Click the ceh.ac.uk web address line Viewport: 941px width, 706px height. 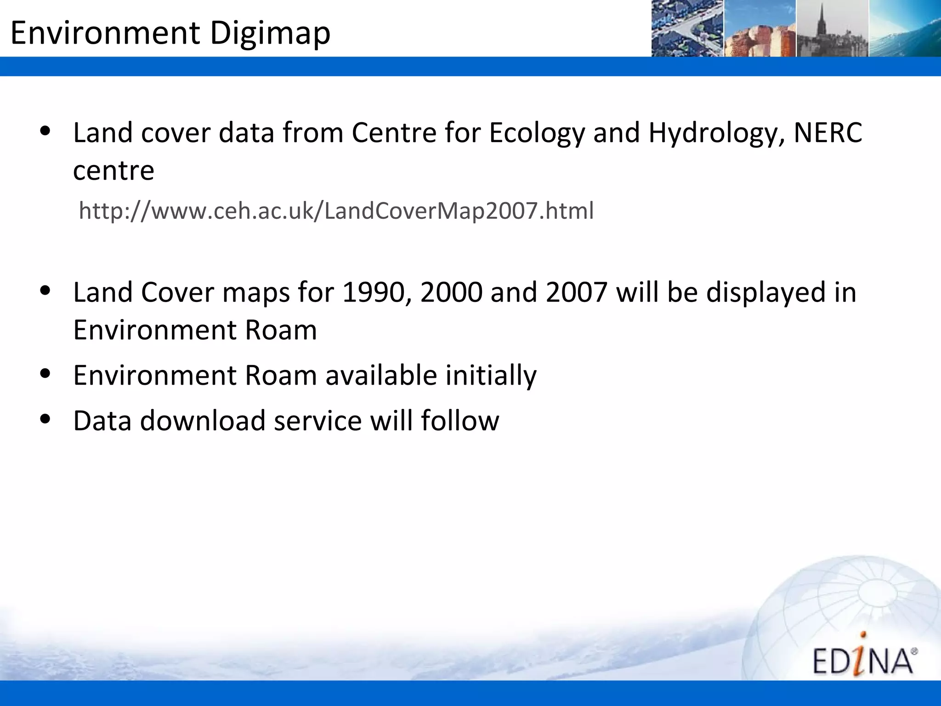click(x=336, y=211)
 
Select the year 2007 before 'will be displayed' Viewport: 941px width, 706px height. click(x=577, y=292)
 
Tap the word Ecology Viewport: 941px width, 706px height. click(x=537, y=133)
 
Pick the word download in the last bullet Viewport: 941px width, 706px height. click(x=203, y=420)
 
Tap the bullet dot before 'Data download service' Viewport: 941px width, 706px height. click(x=45, y=419)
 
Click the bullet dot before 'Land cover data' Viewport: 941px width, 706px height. click(x=45, y=131)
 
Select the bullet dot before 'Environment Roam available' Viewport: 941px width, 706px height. click(x=45, y=373)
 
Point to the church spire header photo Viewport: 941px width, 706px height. click(x=832, y=28)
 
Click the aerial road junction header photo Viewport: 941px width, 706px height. click(x=687, y=28)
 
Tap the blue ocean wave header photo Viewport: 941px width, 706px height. click(x=904, y=28)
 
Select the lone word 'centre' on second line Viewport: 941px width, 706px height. click(x=113, y=171)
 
